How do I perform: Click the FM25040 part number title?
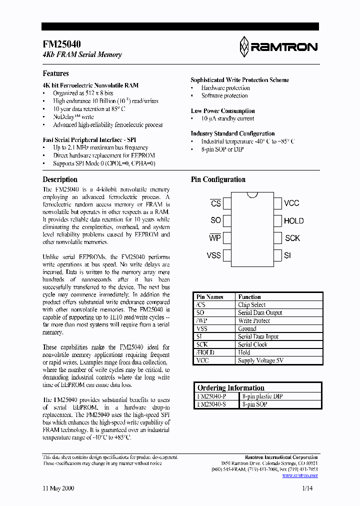[x=62, y=44]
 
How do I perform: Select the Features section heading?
[x=55, y=73]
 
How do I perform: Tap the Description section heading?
[x=60, y=179]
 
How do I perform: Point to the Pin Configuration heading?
[x=218, y=179]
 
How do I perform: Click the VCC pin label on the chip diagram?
[x=291, y=203]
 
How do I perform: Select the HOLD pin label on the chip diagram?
[x=293, y=220]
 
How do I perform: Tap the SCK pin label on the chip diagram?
[x=292, y=238]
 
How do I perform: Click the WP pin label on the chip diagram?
[x=214, y=238]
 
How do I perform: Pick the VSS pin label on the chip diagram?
[x=213, y=255]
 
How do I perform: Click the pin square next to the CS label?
[x=227, y=203]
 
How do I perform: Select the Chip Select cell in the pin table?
[x=251, y=304]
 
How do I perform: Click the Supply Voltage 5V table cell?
[x=260, y=360]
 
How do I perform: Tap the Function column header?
[x=249, y=296]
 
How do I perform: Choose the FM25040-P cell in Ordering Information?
[x=211, y=396]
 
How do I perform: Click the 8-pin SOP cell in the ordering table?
[x=254, y=404]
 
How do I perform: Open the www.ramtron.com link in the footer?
[x=300, y=475]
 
